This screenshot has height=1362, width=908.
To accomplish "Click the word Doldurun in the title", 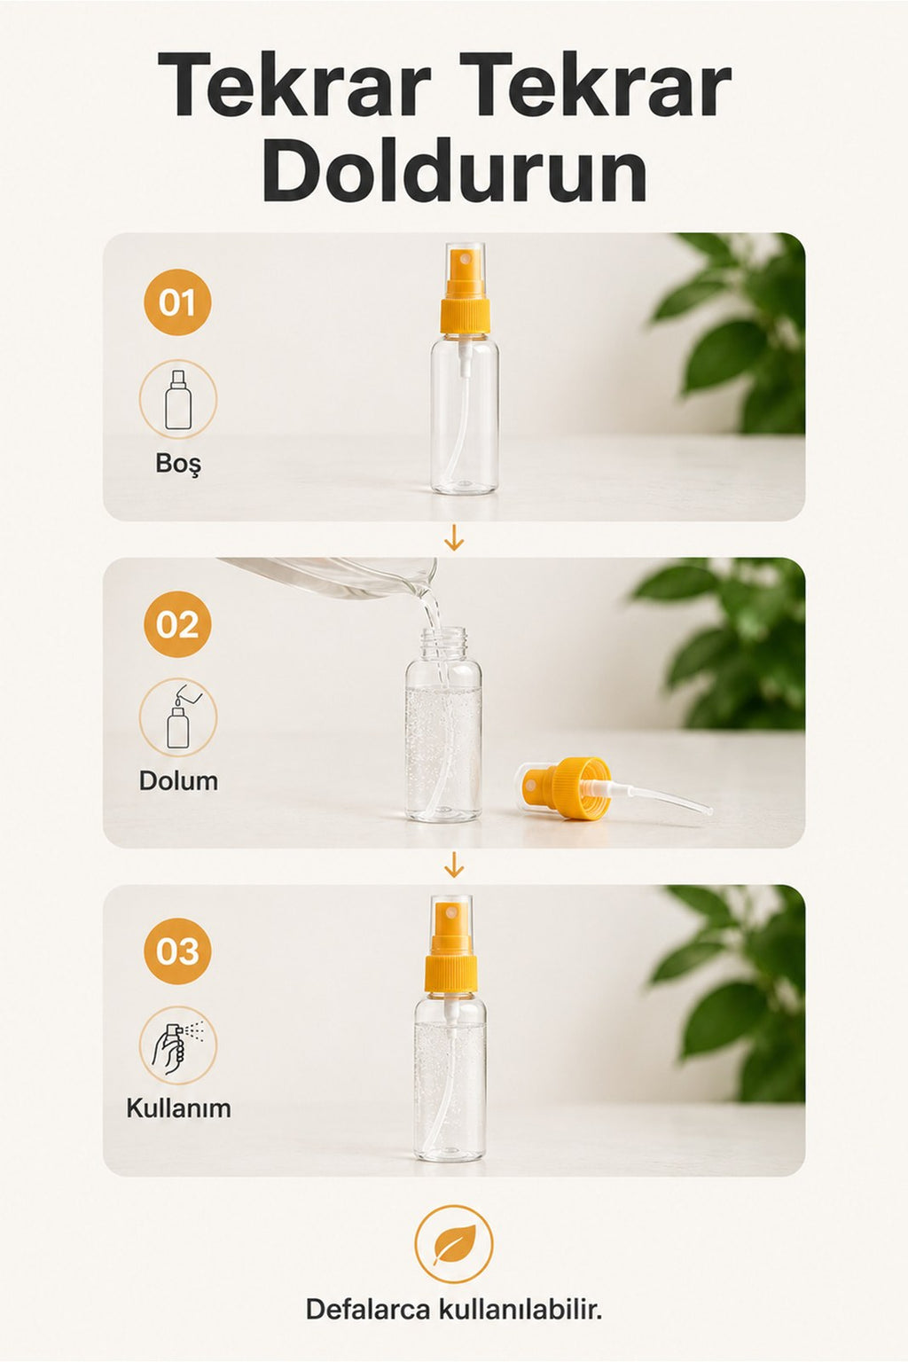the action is (x=455, y=168).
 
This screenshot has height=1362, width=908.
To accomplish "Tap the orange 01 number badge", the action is (x=177, y=302).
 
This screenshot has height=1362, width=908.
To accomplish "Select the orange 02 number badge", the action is (x=177, y=624).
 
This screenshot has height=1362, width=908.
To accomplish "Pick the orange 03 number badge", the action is (x=177, y=951).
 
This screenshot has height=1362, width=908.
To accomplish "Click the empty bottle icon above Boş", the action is (x=177, y=399).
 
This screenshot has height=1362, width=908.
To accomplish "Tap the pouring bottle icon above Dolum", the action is (x=177, y=717).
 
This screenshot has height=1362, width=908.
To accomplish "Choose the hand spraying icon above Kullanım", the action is (x=177, y=1045).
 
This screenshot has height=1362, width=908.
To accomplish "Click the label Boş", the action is (x=177, y=464).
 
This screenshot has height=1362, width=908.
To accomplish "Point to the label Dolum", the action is (x=178, y=780).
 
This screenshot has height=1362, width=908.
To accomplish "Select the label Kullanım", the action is (x=178, y=1108).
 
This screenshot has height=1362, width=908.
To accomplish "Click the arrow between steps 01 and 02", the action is (x=454, y=539).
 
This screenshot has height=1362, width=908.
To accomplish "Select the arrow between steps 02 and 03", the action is (x=454, y=865).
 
